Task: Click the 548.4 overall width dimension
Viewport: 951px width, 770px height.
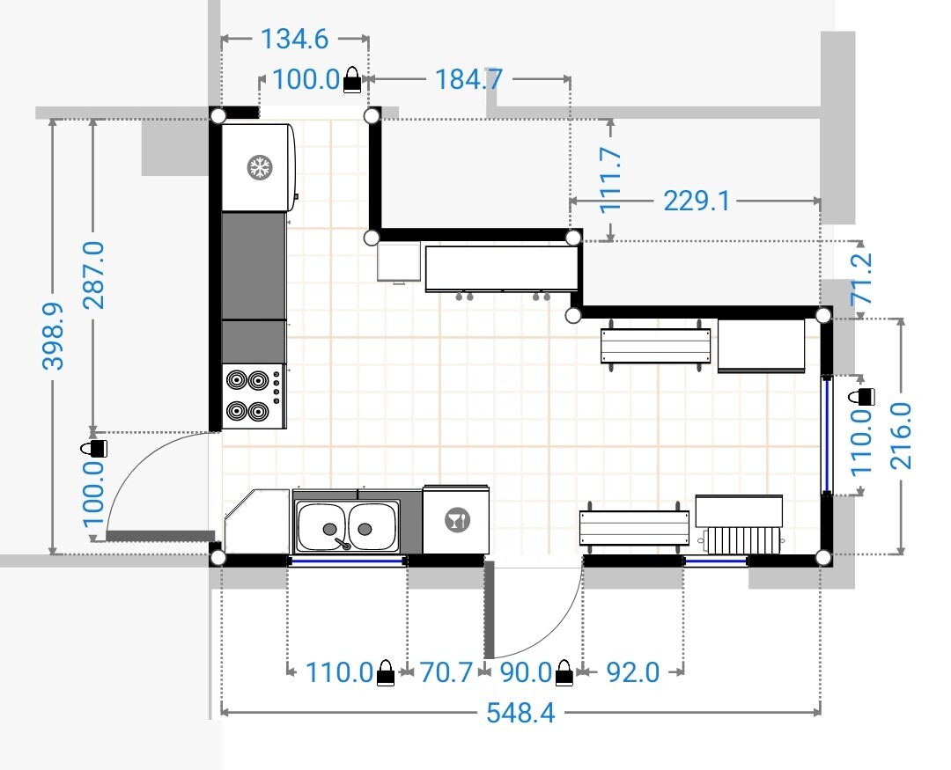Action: point(520,713)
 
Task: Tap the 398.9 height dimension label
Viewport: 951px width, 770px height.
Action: point(54,336)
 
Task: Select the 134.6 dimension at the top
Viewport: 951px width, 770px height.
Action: point(294,39)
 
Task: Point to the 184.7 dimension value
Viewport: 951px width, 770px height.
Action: point(468,79)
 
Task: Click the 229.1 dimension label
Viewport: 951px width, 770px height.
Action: point(697,201)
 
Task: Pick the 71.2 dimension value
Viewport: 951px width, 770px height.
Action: point(862,279)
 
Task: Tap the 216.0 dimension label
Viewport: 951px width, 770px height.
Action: point(902,436)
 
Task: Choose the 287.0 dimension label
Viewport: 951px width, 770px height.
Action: point(93,275)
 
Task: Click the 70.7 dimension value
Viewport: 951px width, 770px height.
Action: point(446,672)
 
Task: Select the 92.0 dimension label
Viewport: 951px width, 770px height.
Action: point(632,672)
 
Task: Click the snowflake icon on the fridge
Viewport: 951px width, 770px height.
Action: point(260,166)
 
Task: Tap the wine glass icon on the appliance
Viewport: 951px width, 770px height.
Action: point(457,520)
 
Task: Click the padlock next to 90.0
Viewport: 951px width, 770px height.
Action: point(564,673)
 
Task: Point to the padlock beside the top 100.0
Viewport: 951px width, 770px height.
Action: point(352,80)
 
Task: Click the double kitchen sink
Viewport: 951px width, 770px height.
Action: point(348,525)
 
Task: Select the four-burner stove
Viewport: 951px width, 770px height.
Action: point(254,396)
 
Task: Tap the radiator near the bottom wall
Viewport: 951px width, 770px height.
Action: point(741,539)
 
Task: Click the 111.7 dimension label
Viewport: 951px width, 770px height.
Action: point(611,180)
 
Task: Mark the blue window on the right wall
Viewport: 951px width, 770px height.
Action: point(826,434)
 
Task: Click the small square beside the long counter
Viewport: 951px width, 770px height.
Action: point(399,262)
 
